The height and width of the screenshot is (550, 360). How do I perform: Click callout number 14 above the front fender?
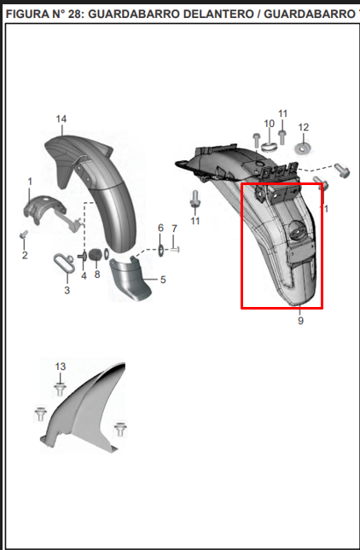coord(61,119)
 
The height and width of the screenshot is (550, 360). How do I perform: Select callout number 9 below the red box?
coord(300,321)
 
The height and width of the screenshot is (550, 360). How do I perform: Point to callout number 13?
coord(61,367)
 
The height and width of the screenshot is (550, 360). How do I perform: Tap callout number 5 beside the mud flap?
coord(163,280)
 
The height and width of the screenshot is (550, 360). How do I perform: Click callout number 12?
coord(304,127)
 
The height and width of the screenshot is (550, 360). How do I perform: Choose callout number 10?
coord(269,124)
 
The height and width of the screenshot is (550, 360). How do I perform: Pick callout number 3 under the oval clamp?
coord(67,290)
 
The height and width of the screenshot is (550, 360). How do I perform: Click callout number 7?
coord(174,229)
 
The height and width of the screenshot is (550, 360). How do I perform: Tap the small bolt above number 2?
coord(24,234)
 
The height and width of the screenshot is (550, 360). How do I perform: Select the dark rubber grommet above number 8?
coord(95,254)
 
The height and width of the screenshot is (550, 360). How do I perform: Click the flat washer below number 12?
coord(302,148)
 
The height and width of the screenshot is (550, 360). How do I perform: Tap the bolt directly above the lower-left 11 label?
coord(195,199)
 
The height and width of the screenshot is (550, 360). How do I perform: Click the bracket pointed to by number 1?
coord(45,210)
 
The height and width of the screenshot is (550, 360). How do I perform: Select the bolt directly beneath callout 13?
coord(60,390)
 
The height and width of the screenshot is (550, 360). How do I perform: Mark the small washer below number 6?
coord(160,251)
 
